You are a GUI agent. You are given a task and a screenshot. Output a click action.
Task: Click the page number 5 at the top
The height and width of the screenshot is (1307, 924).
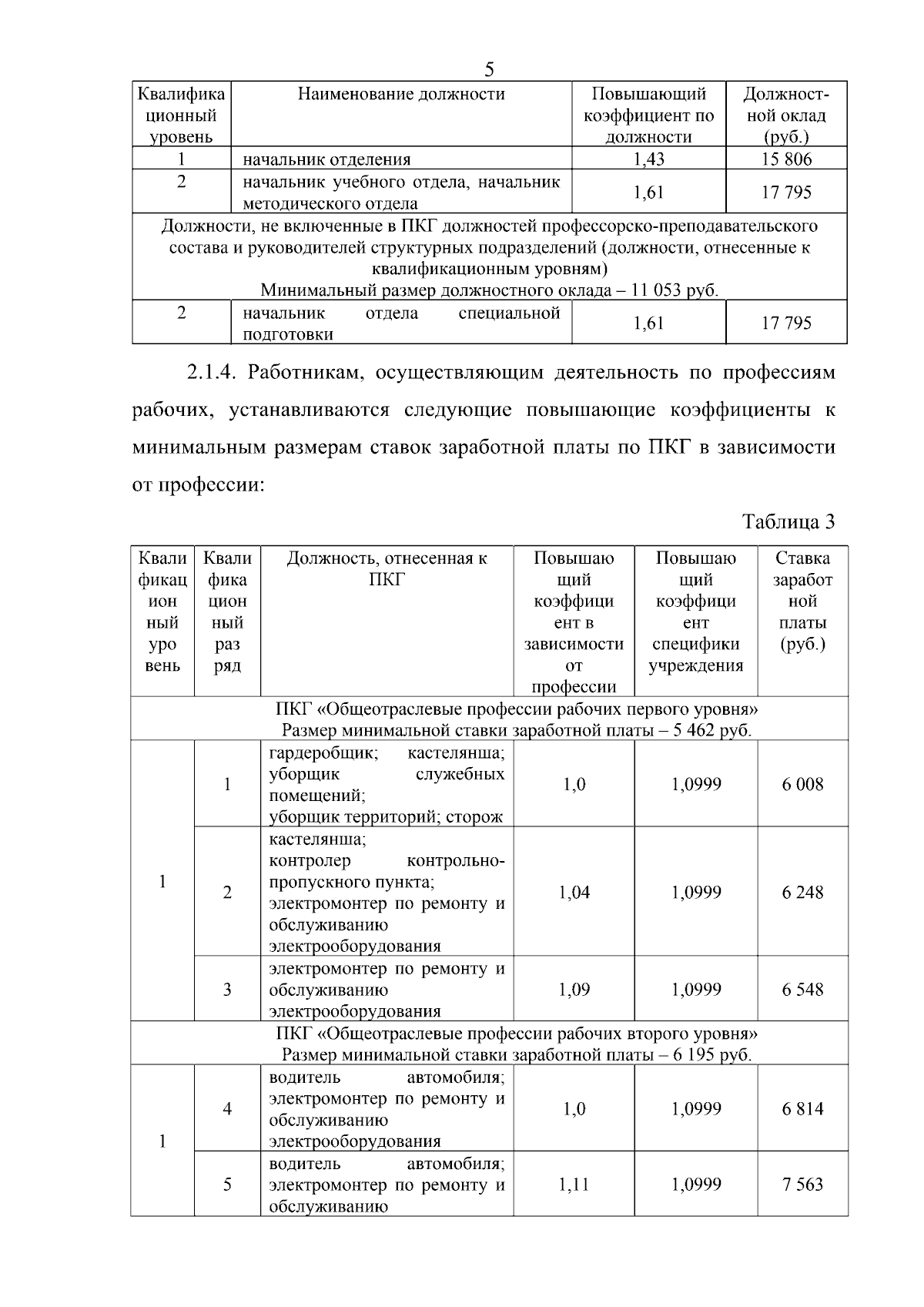489,70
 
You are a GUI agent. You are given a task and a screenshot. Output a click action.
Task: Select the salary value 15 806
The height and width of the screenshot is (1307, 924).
786,159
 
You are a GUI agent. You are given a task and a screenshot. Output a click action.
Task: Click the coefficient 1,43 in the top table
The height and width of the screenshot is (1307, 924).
648,159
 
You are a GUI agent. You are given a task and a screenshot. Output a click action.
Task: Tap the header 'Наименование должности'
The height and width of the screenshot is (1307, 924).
401,94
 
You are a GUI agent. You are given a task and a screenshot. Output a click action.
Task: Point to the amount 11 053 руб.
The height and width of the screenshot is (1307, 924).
674,291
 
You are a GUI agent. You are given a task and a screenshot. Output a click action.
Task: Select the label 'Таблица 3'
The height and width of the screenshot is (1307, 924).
788,521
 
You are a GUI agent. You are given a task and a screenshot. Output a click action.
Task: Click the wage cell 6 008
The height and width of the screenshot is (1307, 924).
802,784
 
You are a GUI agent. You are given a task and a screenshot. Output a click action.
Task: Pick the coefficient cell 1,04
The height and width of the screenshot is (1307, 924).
574,892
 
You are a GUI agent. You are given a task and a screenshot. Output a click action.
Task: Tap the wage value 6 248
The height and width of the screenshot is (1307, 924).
802,892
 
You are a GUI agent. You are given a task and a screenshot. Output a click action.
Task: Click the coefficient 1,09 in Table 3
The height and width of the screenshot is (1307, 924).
574,990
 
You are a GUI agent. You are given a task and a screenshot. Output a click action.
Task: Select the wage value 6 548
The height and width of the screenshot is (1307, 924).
802,990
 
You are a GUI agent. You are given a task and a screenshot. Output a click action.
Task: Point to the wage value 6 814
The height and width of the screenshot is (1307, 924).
802,1109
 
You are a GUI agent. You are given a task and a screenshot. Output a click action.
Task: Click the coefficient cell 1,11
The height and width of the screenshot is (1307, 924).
574,1185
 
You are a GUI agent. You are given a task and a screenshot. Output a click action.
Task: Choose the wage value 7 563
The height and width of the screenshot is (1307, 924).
802,1185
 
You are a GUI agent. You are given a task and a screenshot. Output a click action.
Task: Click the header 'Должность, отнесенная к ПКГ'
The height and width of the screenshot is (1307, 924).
387,568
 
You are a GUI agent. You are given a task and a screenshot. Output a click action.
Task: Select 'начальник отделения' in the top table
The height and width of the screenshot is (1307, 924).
326,160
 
